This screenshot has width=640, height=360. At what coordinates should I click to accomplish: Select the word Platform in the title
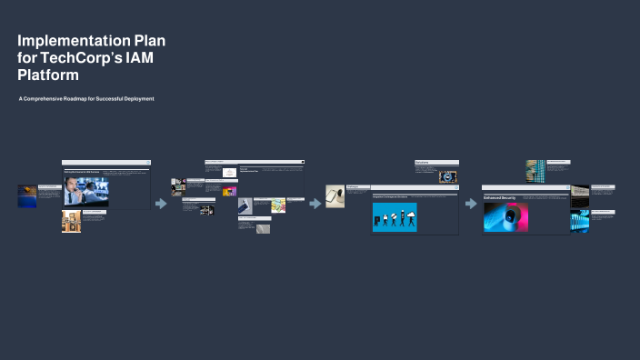point(48,75)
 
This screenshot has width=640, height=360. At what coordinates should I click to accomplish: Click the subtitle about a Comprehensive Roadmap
point(86,98)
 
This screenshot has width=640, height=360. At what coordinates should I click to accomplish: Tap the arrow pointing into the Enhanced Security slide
point(471,204)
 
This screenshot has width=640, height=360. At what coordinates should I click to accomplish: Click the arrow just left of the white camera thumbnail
point(315,203)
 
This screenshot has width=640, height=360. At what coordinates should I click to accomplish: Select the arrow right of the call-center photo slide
point(162,204)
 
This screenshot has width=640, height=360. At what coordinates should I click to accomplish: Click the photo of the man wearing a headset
point(85,190)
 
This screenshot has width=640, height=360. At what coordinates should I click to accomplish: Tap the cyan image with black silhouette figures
point(395,217)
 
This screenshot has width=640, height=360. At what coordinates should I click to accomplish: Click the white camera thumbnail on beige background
point(335,196)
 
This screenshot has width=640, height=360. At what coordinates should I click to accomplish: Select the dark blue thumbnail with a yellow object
point(27,195)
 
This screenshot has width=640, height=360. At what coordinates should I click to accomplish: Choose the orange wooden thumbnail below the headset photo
point(72,221)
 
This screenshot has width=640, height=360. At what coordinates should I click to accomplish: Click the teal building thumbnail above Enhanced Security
point(535,170)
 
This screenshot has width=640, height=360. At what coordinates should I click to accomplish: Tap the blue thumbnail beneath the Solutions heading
point(448,176)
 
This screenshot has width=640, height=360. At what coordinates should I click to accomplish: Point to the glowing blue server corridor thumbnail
point(579,221)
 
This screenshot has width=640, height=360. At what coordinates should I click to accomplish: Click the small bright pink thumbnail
point(230,192)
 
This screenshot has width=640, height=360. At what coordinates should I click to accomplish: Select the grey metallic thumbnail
point(263,229)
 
